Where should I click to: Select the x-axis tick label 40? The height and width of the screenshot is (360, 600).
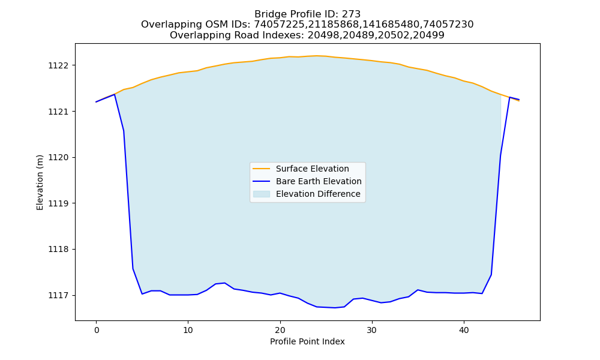click(464, 330)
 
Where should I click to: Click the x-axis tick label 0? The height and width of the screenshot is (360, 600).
click(96, 330)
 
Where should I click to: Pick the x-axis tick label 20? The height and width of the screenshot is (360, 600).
click(280, 330)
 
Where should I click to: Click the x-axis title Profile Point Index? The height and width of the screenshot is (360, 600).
click(307, 341)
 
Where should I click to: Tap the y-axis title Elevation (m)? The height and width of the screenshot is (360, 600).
click(40, 182)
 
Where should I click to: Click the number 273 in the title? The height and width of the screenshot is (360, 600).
click(351, 14)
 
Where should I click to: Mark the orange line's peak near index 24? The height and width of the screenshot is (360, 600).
click(317, 56)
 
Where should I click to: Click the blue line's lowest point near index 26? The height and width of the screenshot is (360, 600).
click(335, 308)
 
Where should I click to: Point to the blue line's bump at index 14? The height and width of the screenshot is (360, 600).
click(224, 283)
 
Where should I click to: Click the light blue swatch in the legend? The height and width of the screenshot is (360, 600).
click(262, 194)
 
